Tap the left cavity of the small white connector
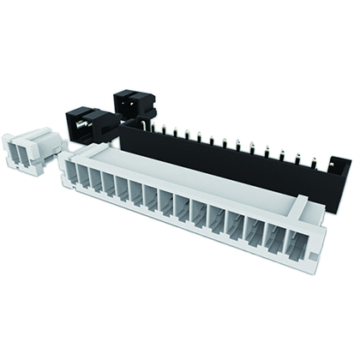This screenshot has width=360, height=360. coord(19,153)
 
